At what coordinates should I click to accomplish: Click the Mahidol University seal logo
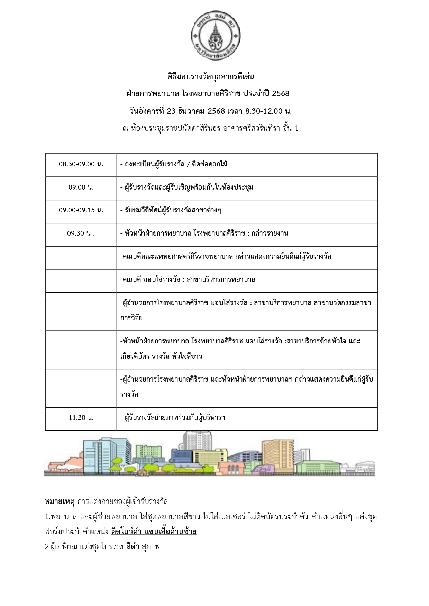[x=216, y=36]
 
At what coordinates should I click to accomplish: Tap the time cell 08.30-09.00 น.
[x=81, y=164]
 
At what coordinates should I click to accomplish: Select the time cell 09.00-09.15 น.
[x=81, y=210]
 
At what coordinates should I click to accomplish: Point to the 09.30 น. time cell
[x=81, y=233]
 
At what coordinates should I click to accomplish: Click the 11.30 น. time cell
[x=81, y=418]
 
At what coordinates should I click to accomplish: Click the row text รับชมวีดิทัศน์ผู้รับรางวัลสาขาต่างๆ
[x=171, y=210]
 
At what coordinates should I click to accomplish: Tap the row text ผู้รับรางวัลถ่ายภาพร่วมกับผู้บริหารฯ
[x=173, y=418]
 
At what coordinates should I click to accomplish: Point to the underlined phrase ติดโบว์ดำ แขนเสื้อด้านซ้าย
[x=154, y=532]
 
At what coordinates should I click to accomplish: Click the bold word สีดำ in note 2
[x=133, y=547]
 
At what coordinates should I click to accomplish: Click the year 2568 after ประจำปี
[x=280, y=94]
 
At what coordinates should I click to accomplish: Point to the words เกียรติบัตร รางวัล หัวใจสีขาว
[x=161, y=356]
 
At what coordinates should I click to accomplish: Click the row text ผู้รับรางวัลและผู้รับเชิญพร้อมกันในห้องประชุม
[x=187, y=187]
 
